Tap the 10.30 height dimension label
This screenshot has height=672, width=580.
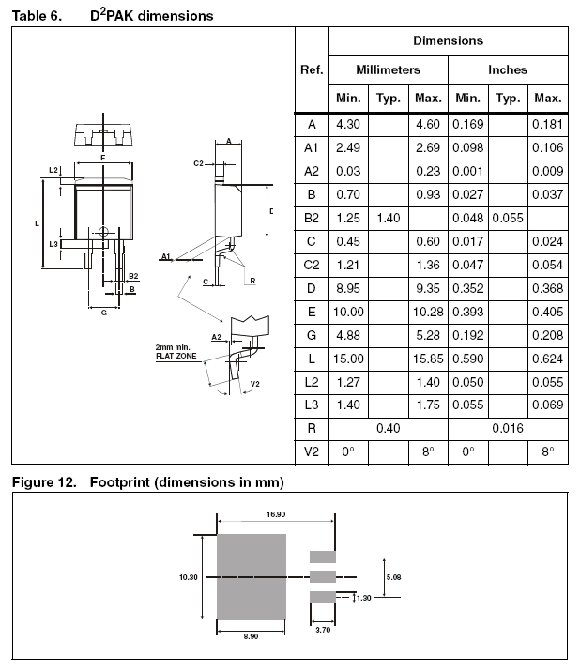coord(188,577)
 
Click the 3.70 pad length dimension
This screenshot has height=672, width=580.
coord(322,629)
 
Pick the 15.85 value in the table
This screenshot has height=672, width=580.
coord(427,359)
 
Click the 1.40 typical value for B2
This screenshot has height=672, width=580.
coord(388,218)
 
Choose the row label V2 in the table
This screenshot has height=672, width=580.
coord(312,451)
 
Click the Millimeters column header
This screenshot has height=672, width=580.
coord(388,69)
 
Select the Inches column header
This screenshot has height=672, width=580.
coord(508,69)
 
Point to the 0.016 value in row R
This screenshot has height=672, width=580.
coord(508,428)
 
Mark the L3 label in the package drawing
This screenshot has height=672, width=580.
coord(53,244)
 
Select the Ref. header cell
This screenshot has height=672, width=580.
coord(312,69)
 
